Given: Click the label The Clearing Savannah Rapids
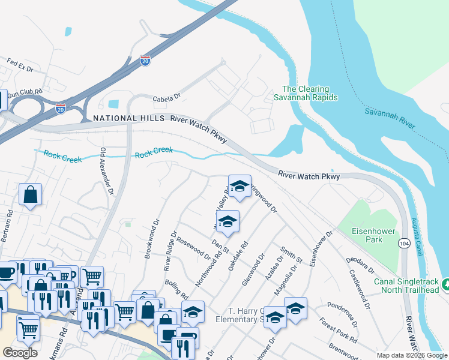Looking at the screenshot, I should (x=306, y=92).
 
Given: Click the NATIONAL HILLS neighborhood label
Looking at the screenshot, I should (x=128, y=119).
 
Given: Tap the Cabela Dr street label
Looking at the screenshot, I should (x=166, y=96).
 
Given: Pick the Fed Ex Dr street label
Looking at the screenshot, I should (x=20, y=64).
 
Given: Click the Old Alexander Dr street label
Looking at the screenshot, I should (x=106, y=171).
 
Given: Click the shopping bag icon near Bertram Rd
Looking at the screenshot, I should (x=29, y=195).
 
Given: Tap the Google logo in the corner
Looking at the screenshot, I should (x=20, y=352).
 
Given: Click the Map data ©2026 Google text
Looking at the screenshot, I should (x=411, y=355).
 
